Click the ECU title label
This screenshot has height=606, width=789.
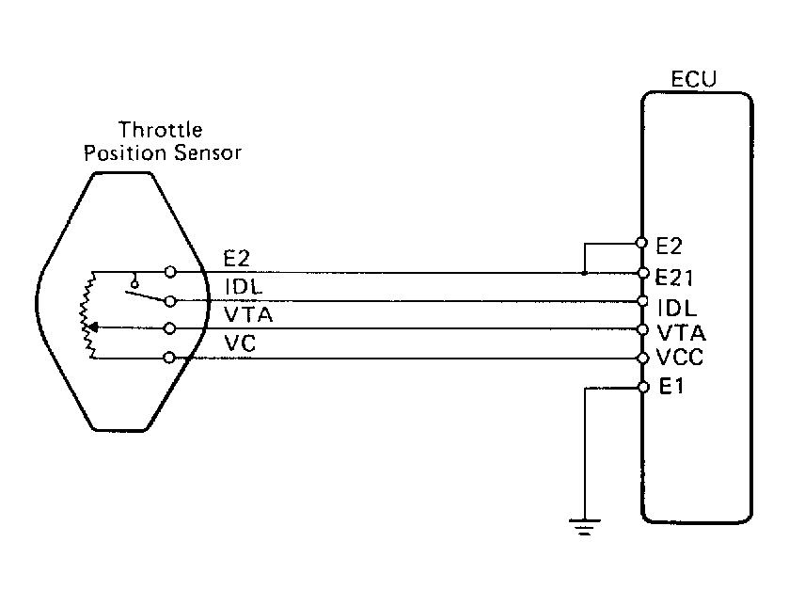point(694,78)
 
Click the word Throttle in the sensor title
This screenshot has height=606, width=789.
point(161,131)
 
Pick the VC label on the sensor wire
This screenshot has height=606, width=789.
point(240,343)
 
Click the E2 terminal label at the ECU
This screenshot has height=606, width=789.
point(669,247)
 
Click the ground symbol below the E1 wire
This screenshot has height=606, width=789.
point(584,528)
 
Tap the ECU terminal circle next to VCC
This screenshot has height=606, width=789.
point(642,359)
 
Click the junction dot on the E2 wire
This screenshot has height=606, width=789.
point(584,273)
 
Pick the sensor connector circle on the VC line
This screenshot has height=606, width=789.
point(169,358)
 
